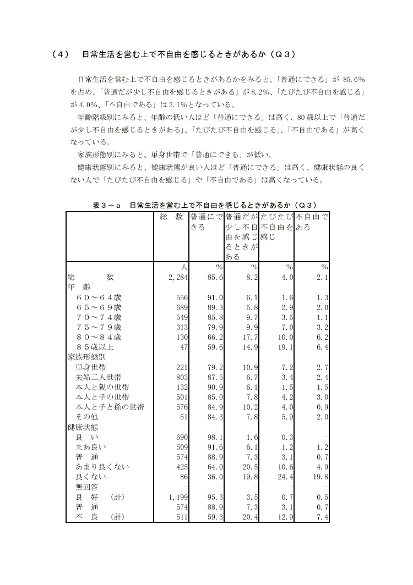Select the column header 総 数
[x=171, y=217]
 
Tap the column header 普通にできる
[x=206, y=222]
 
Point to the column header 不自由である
[x=312, y=222]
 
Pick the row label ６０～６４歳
[x=99, y=297]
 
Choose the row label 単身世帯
[x=91, y=367]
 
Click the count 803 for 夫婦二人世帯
[x=182, y=377]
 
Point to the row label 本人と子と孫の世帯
[x=110, y=407]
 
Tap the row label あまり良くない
[x=102, y=466]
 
